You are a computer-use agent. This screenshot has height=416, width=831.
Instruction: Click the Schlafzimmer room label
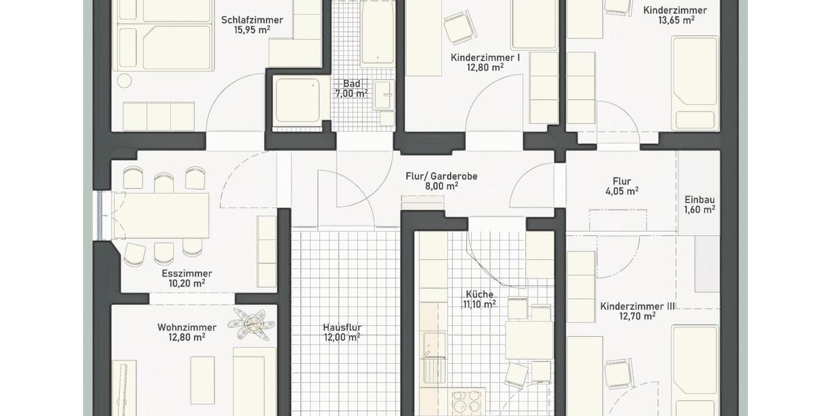pyautogui.click(x=252, y=19)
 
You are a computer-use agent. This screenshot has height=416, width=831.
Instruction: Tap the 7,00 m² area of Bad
pyautogui.click(x=352, y=94)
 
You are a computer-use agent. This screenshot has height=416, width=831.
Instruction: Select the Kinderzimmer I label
pyautogui.click(x=485, y=58)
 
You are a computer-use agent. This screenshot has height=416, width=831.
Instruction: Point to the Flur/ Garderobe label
pyautogui.click(x=441, y=176)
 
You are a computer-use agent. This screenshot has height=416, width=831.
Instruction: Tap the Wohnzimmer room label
pyautogui.click(x=187, y=327)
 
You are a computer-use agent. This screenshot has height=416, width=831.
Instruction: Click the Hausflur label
pyautogui.click(x=342, y=328)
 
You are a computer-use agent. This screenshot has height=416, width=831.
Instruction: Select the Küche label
pyautogui.click(x=479, y=294)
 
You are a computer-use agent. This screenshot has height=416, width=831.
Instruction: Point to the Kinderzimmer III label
pyautogui.click(x=638, y=306)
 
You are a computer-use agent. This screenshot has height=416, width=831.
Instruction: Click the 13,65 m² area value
pyautogui.click(x=676, y=21)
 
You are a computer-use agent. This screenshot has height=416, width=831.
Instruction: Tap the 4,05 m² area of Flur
pyautogui.click(x=621, y=192)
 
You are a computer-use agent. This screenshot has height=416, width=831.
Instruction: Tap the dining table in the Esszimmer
pyautogui.click(x=166, y=215)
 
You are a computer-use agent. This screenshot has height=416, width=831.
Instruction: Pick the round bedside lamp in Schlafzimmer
pyautogui.click(x=124, y=80)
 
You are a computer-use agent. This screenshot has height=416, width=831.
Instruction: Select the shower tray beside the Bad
pyautogui.click(x=298, y=101)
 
